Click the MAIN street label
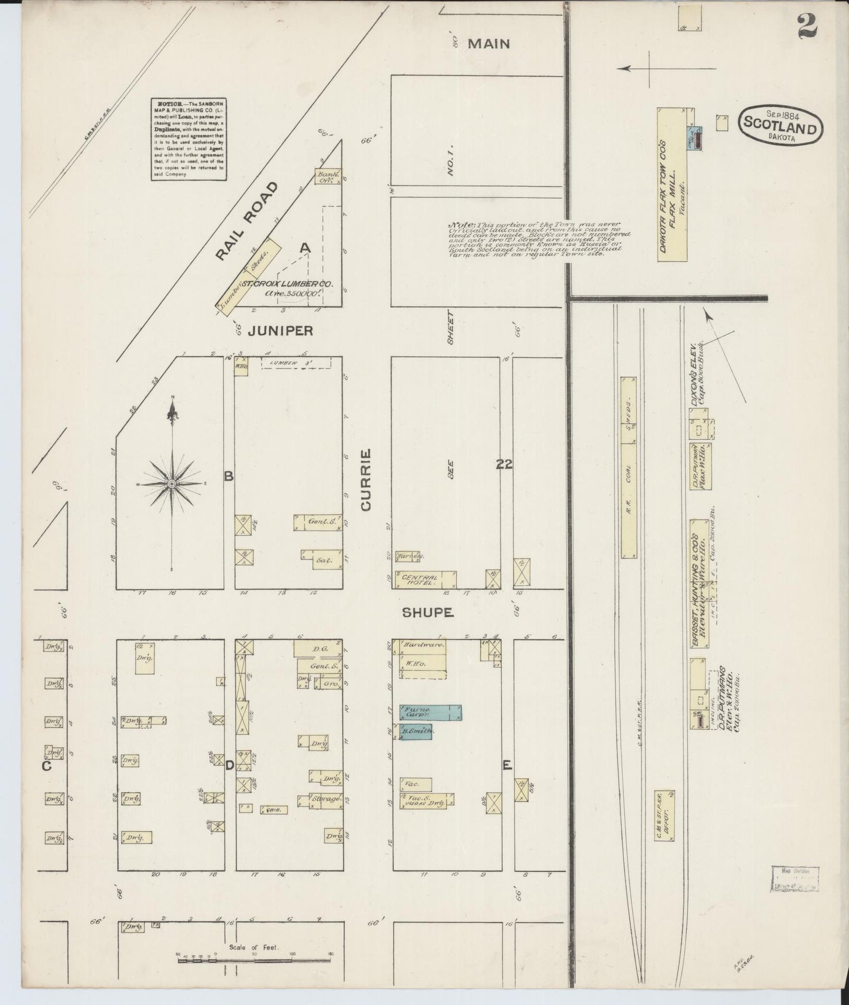pyautogui.click(x=489, y=43)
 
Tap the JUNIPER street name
pyautogui.click(x=280, y=331)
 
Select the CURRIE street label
pyautogui.click(x=366, y=480)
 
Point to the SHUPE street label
pyautogui.click(x=428, y=613)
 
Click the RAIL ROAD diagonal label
pyautogui.click(x=245, y=220)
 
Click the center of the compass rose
pyautogui.click(x=172, y=483)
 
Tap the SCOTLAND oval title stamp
pyautogui.click(x=780, y=125)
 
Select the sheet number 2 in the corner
pyautogui.click(x=807, y=26)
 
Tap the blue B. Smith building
pyautogui.click(x=416, y=732)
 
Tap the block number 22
pyautogui.click(x=504, y=464)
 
